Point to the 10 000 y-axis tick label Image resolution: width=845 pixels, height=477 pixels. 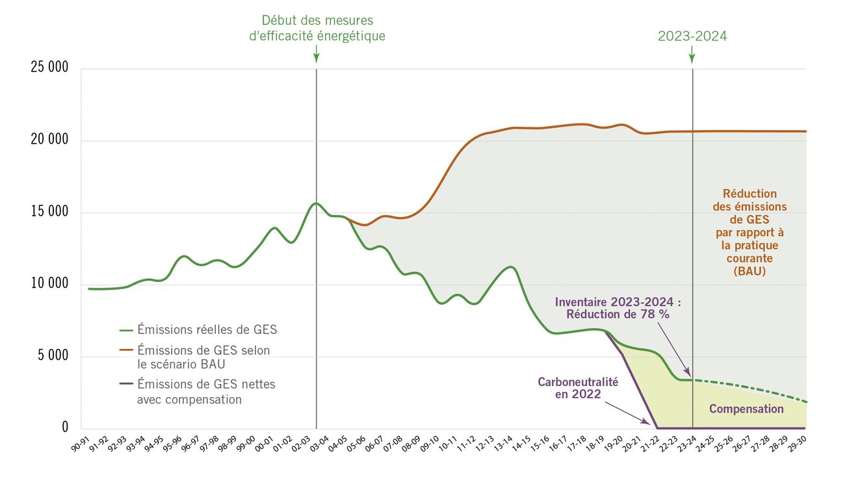coord(49,284)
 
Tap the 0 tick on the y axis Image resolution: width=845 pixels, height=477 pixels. coord(65,428)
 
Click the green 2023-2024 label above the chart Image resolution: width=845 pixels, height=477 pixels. coord(692,36)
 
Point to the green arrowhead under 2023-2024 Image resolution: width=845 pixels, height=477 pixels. coord(692,58)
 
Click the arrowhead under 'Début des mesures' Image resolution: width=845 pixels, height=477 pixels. coord(316,58)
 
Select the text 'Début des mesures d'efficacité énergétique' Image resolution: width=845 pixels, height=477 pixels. coord(317,28)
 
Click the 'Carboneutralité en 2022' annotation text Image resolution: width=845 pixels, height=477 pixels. coord(577,388)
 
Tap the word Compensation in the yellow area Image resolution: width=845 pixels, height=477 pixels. coord(746,409)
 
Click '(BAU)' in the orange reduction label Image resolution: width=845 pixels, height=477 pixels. coord(749,272)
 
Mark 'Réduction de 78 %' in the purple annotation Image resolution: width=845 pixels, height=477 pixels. coord(617,315)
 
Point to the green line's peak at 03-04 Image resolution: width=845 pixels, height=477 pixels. coord(317,203)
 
